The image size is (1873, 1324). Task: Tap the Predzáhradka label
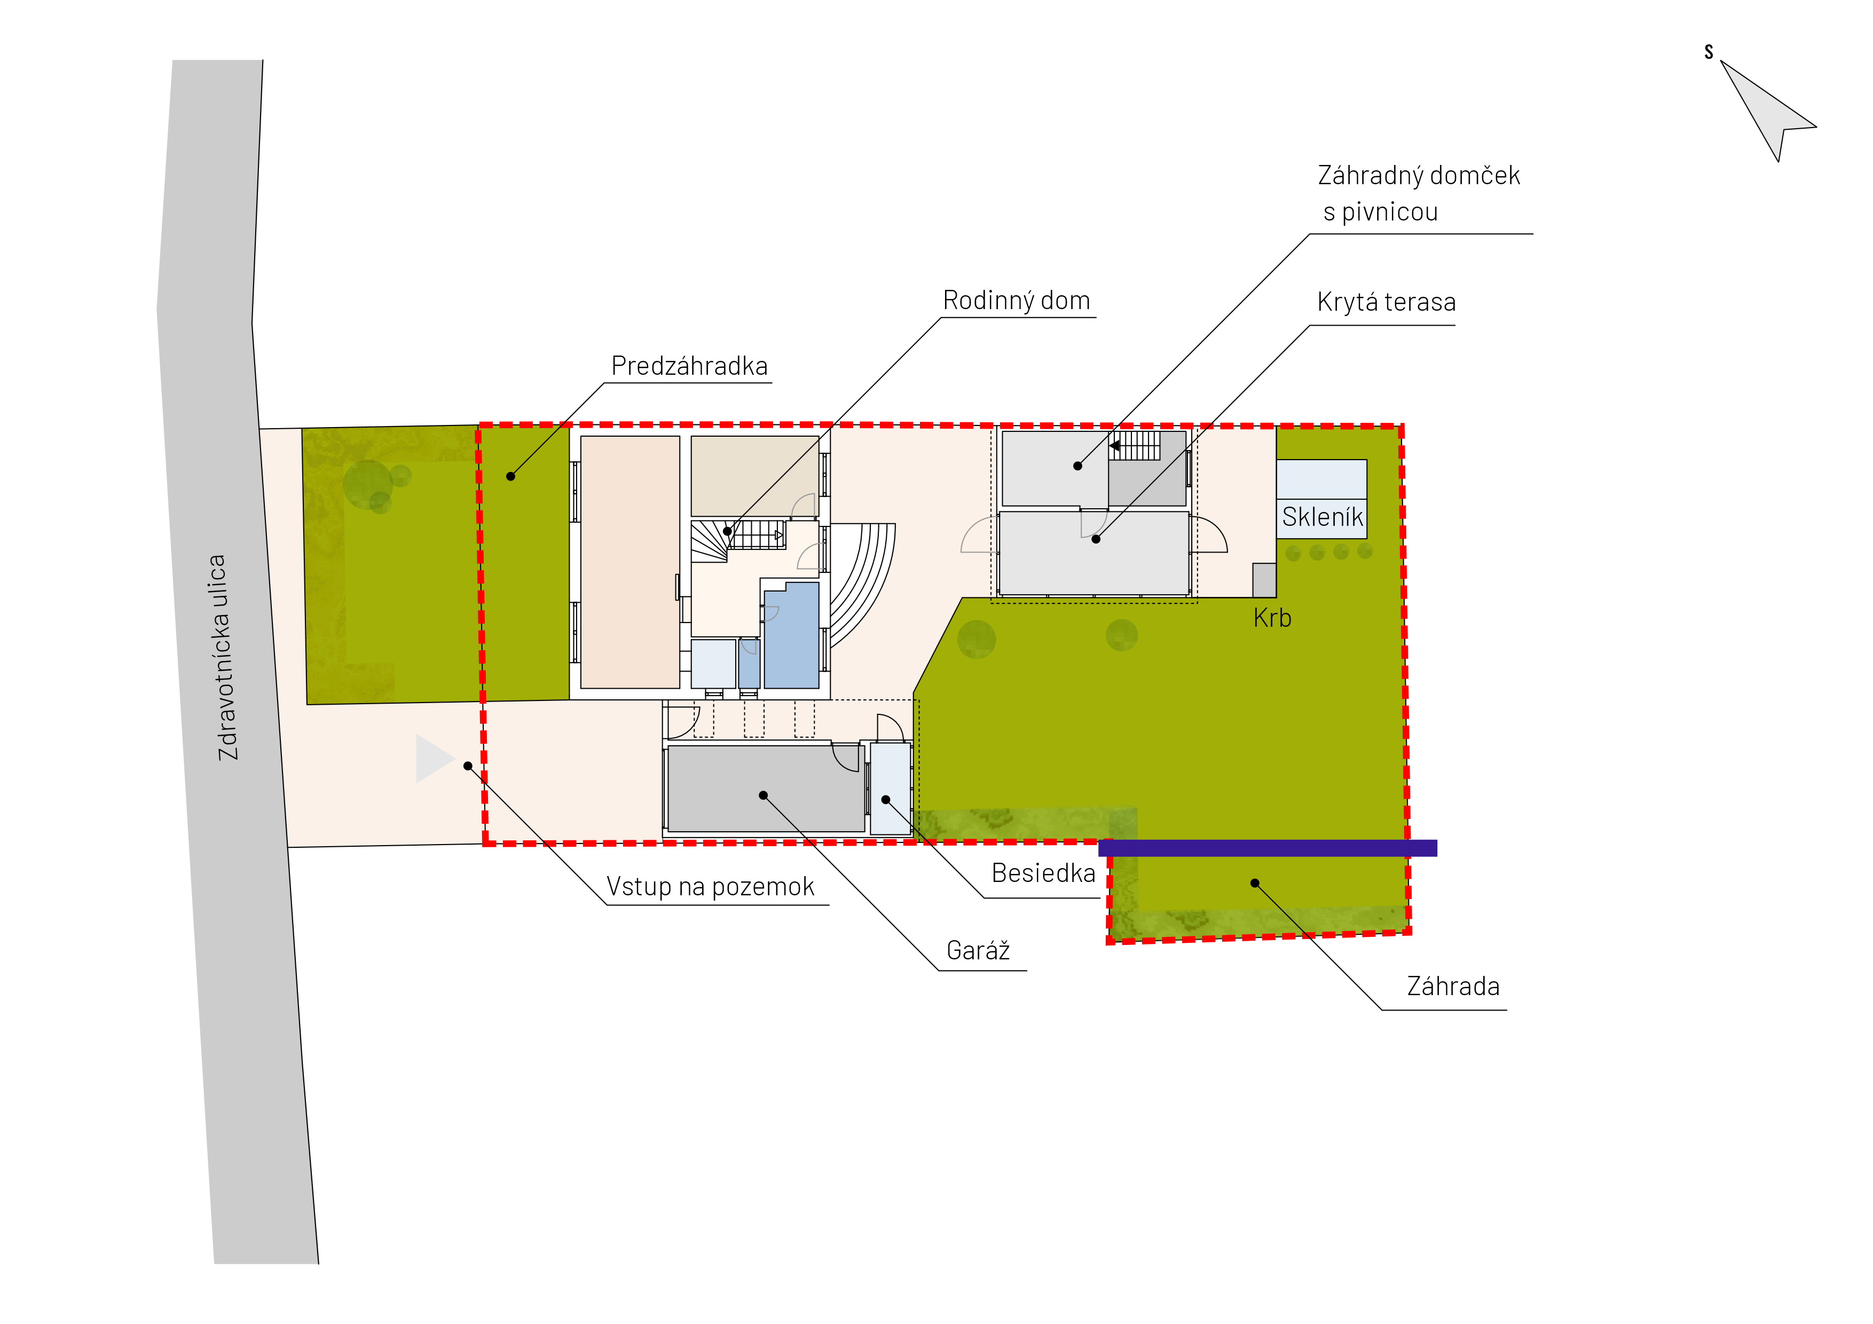(x=689, y=366)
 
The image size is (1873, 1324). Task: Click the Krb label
(x=1272, y=618)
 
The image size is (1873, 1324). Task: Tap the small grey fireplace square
(x=1264, y=580)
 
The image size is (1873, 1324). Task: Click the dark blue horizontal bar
(x=1268, y=848)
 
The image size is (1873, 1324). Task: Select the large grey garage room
(x=766, y=788)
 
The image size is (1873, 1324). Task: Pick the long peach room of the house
(x=630, y=562)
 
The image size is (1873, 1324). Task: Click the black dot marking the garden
(x=1255, y=882)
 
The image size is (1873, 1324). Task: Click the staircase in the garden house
(x=1135, y=445)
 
